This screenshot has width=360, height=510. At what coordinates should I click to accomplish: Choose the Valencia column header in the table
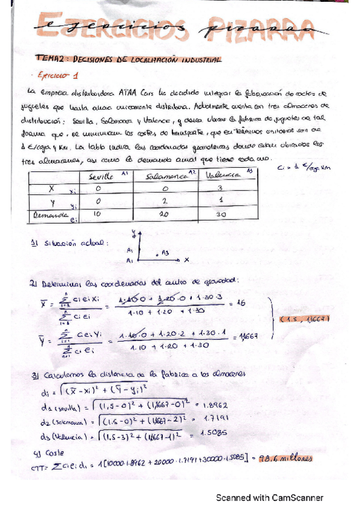tap(221, 174)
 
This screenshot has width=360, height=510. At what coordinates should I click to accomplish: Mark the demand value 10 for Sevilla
tap(99, 214)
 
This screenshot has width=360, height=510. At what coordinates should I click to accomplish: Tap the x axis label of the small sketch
tap(186, 260)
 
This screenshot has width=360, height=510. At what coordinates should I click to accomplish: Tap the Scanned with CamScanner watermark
tap(270, 497)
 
